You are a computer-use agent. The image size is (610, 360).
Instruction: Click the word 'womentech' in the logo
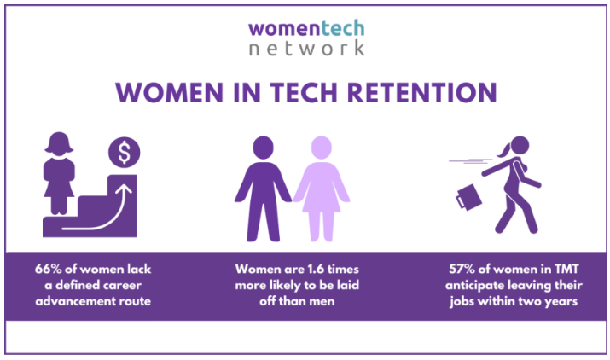(x=306, y=27)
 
